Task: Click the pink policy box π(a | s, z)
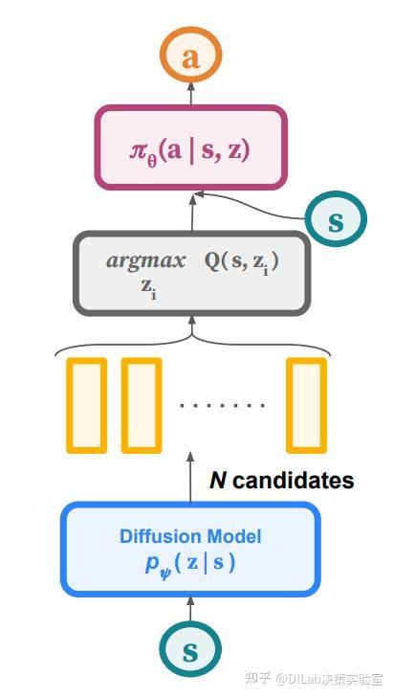coord(191,147)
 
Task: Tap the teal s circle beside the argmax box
coord(336,220)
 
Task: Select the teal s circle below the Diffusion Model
coord(190,652)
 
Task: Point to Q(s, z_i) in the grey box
coord(241,260)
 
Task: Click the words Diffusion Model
coord(190,536)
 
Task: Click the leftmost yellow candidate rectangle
coord(86,404)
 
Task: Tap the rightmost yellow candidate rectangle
coord(307,404)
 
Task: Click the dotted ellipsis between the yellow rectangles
coord(223,406)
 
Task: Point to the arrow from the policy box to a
coord(191,93)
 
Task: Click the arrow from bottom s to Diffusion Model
coord(190,611)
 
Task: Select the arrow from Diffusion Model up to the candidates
coord(190,479)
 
